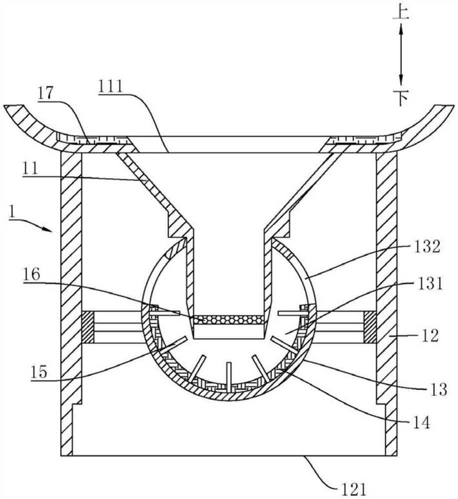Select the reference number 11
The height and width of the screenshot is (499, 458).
coord(30,168)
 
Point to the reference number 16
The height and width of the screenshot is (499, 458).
coord(31,274)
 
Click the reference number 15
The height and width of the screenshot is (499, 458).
coord(39,371)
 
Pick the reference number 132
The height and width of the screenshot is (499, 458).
coord(427,247)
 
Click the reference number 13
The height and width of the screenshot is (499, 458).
coord(438,389)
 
